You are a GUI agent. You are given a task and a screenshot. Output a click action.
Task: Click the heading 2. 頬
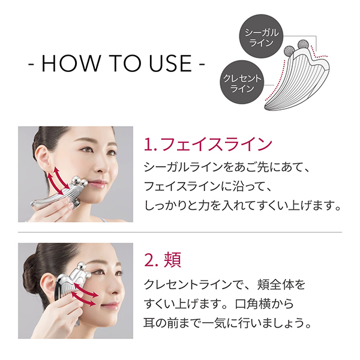(163, 260)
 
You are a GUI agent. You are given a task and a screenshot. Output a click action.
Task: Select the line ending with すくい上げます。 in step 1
(244, 206)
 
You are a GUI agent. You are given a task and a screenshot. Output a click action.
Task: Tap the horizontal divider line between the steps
(180, 231)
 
